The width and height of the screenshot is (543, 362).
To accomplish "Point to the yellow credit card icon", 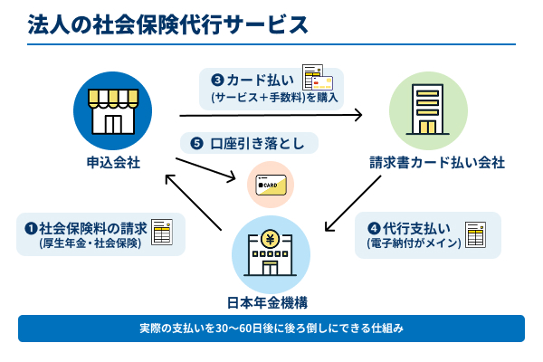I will (271, 186).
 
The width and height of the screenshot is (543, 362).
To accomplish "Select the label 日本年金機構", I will (271, 300).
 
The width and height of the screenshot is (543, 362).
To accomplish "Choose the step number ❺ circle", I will (196, 143).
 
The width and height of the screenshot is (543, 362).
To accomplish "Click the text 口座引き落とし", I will (257, 143).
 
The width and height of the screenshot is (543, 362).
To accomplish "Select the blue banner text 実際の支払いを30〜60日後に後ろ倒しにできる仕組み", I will (271, 328).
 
